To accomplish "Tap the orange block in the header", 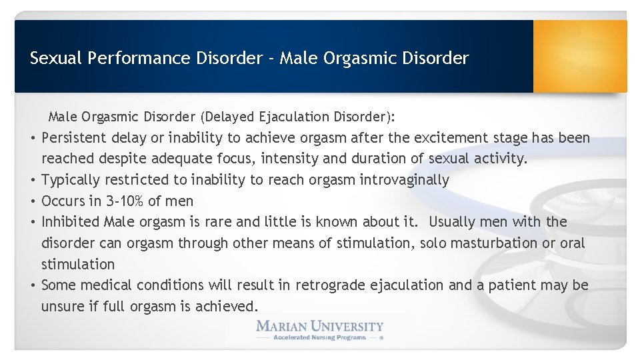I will click(579, 56).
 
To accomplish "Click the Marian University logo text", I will click(320, 326).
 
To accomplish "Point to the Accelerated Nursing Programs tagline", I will click(320, 338).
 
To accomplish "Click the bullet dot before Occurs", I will click(32, 201).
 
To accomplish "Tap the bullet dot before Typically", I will click(32, 180).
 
